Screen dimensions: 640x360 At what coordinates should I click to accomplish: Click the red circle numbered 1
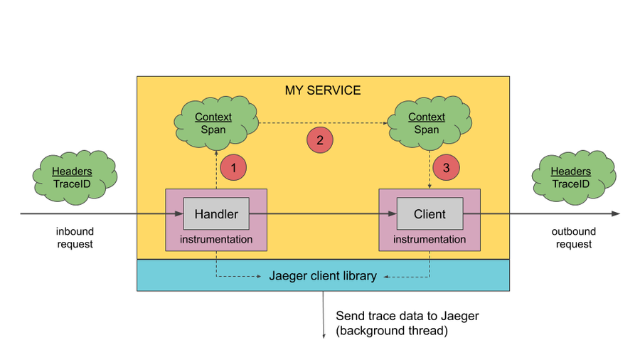pyautogui.click(x=233, y=167)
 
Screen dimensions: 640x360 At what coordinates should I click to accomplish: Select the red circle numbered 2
pyautogui.click(x=320, y=140)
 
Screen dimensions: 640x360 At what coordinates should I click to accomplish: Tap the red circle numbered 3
pyautogui.click(x=446, y=167)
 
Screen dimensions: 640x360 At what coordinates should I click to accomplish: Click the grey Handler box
pyautogui.click(x=216, y=213)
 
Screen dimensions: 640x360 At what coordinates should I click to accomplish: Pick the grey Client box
pyautogui.click(x=430, y=213)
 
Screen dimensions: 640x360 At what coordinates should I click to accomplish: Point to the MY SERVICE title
pyautogui.click(x=323, y=90)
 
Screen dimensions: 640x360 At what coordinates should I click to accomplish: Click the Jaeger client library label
pyautogui.click(x=323, y=276)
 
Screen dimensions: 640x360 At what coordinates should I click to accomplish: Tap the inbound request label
pyautogui.click(x=75, y=238)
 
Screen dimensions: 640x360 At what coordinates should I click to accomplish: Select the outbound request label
pyautogui.click(x=573, y=238)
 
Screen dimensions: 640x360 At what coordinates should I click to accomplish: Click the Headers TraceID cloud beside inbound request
pyautogui.click(x=75, y=178)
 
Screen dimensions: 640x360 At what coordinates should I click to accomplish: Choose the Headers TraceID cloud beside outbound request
pyautogui.click(x=574, y=178)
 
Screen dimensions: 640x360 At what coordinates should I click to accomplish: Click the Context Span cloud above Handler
pyautogui.click(x=216, y=123)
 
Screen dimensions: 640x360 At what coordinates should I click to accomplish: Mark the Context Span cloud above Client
pyautogui.click(x=430, y=123)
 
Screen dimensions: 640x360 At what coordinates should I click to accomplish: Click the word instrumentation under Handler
pyautogui.click(x=216, y=239)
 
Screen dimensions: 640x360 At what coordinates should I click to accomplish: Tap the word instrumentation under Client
pyautogui.click(x=430, y=239)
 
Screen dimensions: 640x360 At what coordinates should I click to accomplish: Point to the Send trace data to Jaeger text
pyautogui.click(x=407, y=316)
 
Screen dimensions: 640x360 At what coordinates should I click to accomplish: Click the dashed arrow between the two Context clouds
pyautogui.click(x=324, y=123)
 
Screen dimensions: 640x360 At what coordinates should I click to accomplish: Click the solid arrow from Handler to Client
pyautogui.click(x=323, y=213)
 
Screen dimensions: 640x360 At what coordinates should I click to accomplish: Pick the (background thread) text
pyautogui.click(x=392, y=331)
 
